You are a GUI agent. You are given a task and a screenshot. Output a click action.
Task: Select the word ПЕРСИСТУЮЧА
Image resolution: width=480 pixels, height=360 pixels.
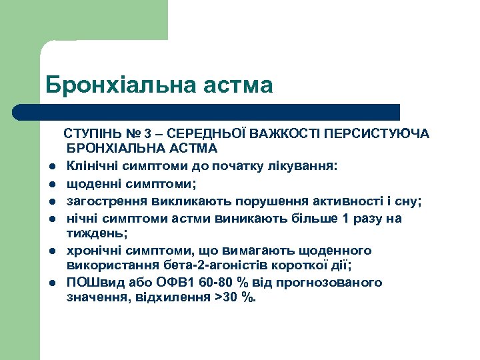click(x=385, y=134)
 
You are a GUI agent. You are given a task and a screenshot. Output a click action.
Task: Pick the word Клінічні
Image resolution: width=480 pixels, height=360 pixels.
click(x=91, y=166)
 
